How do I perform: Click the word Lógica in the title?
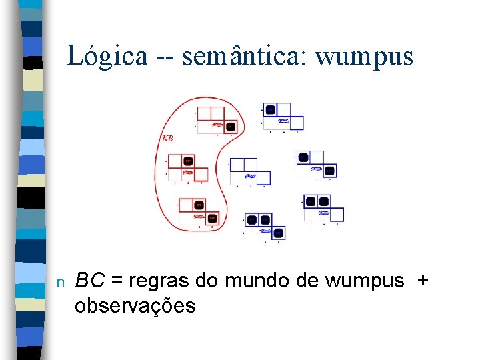[x=107, y=56]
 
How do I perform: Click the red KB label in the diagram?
[x=168, y=139]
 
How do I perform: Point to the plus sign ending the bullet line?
[x=421, y=281]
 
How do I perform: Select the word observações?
[x=135, y=306]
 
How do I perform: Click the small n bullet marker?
[x=60, y=282]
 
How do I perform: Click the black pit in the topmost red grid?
[x=230, y=126]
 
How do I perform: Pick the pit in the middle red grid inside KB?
[x=188, y=161]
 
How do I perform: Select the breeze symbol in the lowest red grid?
[x=199, y=216]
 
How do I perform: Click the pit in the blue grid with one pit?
[x=270, y=110]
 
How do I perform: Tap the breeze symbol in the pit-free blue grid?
[x=251, y=177]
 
